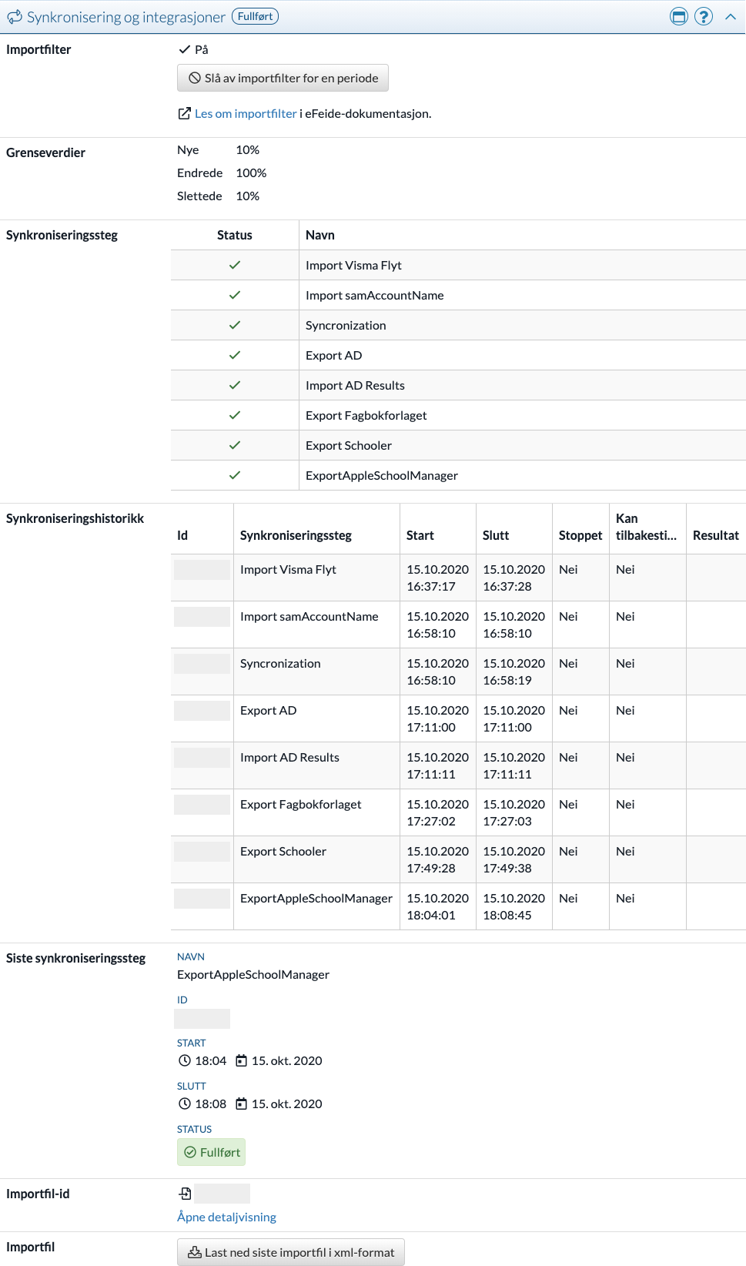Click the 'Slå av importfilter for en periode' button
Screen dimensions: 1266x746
click(283, 78)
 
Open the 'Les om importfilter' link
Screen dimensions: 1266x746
click(246, 114)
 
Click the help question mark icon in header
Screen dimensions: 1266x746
click(703, 17)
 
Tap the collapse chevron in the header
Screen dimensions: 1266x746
click(731, 17)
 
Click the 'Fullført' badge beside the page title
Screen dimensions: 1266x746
click(256, 16)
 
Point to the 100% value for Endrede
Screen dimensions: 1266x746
click(251, 173)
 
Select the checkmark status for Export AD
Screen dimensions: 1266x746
click(235, 355)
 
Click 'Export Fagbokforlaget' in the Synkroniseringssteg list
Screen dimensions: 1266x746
click(366, 416)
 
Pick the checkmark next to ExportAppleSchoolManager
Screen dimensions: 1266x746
click(235, 475)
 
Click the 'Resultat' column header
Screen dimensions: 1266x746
click(715, 535)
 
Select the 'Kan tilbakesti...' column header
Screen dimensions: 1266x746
click(646, 527)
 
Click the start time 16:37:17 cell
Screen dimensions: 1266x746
click(437, 578)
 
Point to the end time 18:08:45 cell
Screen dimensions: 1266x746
click(514, 906)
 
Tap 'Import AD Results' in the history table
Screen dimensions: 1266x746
click(289, 758)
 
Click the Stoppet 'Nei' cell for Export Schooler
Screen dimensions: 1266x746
click(568, 852)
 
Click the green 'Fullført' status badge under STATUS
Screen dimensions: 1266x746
click(212, 1153)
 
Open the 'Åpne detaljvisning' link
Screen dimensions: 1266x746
click(226, 1217)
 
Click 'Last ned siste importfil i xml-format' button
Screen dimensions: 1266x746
click(291, 1253)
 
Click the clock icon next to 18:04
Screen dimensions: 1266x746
click(185, 1061)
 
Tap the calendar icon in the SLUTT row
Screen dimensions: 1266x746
click(241, 1104)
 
